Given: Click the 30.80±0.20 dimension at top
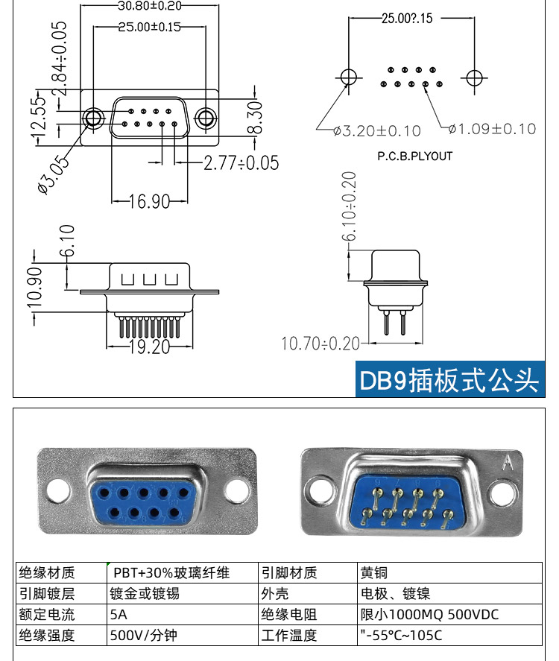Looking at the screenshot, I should (150, 5).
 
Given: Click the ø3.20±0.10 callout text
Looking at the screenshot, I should (377, 131).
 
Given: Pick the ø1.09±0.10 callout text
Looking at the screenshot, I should (493, 129).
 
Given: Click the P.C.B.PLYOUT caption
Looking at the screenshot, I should (415, 156).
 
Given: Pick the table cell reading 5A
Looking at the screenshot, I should (119, 615).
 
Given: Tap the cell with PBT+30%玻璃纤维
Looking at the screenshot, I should (171, 573).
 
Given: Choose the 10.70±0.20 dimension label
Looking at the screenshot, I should (320, 344).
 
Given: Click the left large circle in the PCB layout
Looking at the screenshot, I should (348, 77).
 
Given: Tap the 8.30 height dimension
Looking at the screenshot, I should (254, 117).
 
